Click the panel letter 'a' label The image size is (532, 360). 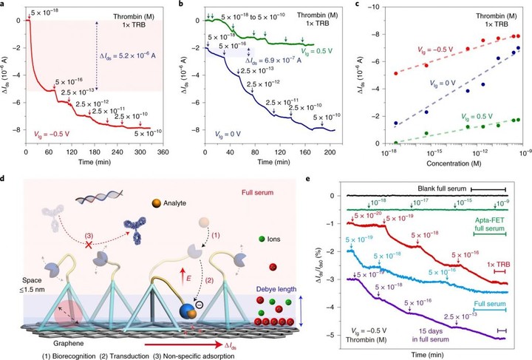4,6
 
